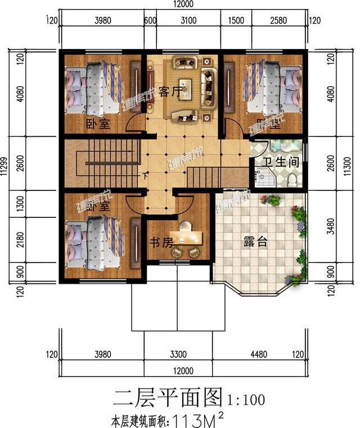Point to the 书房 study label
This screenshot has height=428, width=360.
pos(161,242)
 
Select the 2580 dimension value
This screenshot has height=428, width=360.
pos(279,21)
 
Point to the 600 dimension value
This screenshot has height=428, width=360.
pos(150,21)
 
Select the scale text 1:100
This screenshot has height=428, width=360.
pos(246,399)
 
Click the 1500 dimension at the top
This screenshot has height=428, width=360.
pos(236,21)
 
